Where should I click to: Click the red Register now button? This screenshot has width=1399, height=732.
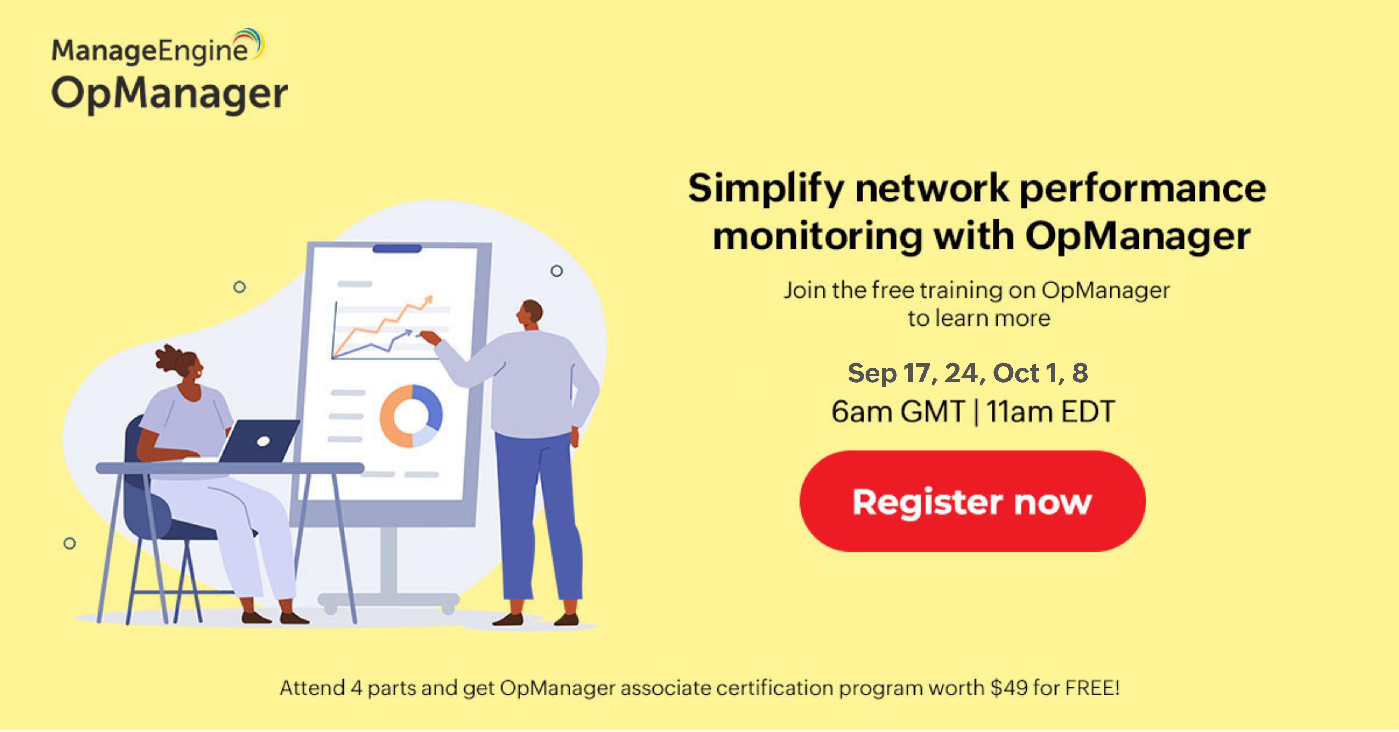[x=972, y=501]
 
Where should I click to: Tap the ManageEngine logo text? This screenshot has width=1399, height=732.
[x=150, y=50]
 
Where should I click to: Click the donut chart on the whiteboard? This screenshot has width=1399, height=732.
[x=411, y=416]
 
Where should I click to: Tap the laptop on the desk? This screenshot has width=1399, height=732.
[x=260, y=441]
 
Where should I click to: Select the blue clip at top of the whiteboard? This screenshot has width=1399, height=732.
[x=397, y=248]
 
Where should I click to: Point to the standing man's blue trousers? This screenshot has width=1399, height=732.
[x=538, y=516]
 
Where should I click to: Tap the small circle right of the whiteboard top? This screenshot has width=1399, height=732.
[x=557, y=270]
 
